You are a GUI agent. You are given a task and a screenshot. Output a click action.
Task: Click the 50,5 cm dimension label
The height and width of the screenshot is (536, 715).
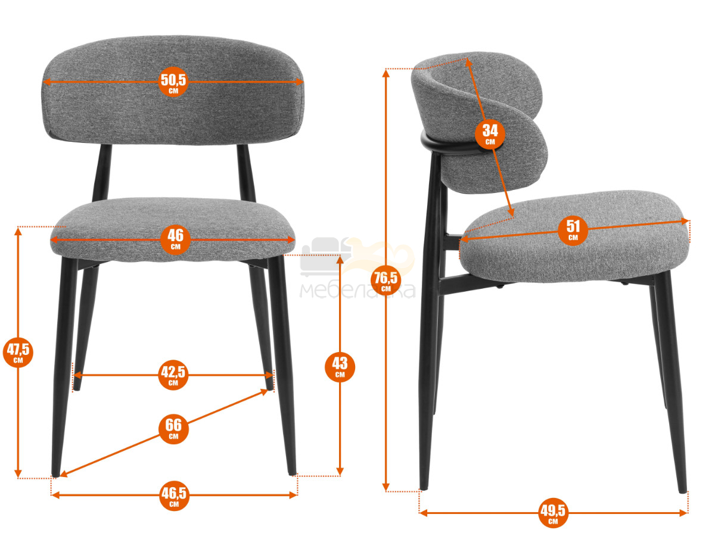tap(173, 82)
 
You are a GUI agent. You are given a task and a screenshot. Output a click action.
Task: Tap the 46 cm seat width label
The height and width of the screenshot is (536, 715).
tap(175, 240)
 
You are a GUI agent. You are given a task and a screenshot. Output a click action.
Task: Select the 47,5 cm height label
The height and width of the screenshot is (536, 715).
tap(18, 352)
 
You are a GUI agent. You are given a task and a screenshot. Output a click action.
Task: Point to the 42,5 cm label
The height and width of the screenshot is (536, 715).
tap(173, 375)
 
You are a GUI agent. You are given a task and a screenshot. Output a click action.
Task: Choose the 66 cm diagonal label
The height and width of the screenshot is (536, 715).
tap(173, 429)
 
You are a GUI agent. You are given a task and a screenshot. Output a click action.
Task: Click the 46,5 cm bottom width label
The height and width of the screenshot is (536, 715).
tap(174, 496)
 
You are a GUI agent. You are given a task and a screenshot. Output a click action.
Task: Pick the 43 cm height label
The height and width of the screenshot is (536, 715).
tap(340, 367)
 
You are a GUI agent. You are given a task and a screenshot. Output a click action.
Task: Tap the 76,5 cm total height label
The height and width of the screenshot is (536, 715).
tap(386, 281)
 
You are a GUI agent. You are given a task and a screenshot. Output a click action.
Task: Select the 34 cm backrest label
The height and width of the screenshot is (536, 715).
tap(490, 134)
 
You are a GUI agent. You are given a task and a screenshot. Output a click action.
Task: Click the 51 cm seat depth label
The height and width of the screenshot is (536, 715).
tap(573, 230)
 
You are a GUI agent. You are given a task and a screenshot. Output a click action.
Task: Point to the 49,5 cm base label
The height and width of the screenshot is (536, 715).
tap(553, 513)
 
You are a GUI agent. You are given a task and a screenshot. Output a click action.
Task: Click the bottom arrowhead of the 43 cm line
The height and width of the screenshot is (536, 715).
tap(340, 472)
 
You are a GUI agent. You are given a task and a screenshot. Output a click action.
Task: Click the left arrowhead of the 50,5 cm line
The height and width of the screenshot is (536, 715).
tap(48, 82)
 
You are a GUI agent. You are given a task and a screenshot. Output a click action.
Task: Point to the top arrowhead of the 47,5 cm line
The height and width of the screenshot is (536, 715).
tap(18, 231)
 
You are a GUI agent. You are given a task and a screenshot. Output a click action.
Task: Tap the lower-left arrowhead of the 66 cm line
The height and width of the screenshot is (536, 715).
tap(64, 474)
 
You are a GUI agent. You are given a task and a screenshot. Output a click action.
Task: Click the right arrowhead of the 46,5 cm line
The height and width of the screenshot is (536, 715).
tap(293, 496)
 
